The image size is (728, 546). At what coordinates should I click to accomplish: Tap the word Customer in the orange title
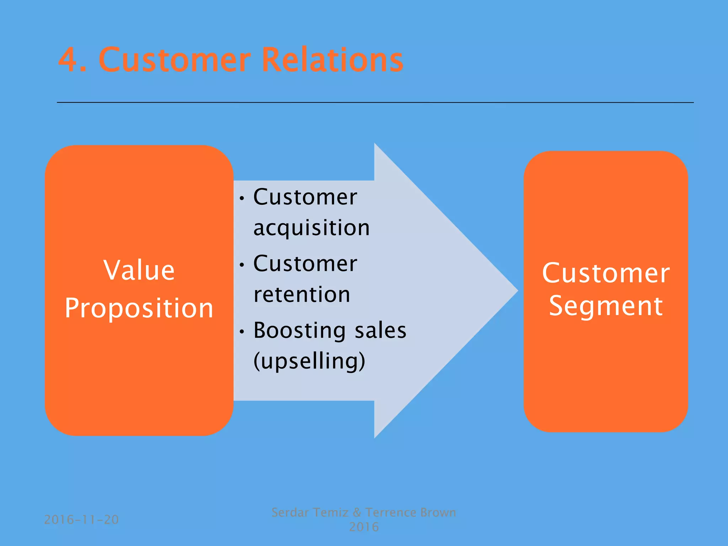coord(175,60)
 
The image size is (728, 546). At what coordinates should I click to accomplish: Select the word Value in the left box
coord(139,270)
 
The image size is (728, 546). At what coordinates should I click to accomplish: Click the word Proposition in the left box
coord(139,308)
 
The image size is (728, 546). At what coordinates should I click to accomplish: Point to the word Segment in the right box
coord(605,306)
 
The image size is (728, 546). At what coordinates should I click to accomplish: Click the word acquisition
coord(311,228)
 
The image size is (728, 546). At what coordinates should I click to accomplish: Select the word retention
coord(302,295)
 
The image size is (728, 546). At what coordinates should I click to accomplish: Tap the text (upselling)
coord(309,361)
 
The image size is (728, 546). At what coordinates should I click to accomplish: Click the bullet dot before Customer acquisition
coord(242,198)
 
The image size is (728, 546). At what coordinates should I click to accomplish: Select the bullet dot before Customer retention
coord(242,265)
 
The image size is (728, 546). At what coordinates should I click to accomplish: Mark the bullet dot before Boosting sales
coord(242,332)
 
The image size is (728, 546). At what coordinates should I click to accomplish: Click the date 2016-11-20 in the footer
coord(81,520)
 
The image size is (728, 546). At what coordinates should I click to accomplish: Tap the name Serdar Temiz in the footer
coord(310,513)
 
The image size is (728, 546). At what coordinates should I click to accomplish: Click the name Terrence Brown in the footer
coord(411,513)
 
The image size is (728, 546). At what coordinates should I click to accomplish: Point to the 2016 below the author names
coord(364,527)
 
